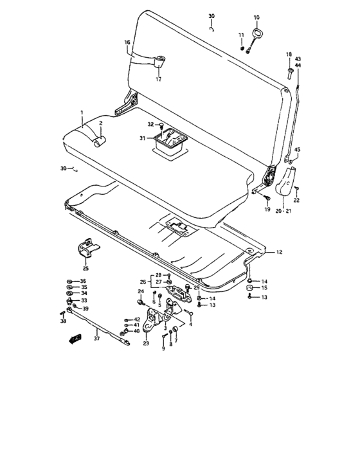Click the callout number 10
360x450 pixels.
click(x=256, y=17)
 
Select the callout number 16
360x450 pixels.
click(x=127, y=42)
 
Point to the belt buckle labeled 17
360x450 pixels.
click(x=159, y=62)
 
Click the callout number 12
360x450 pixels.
click(x=279, y=252)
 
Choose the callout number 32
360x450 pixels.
click(x=150, y=124)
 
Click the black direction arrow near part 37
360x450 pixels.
click(x=75, y=339)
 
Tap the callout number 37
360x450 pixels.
click(x=96, y=339)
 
